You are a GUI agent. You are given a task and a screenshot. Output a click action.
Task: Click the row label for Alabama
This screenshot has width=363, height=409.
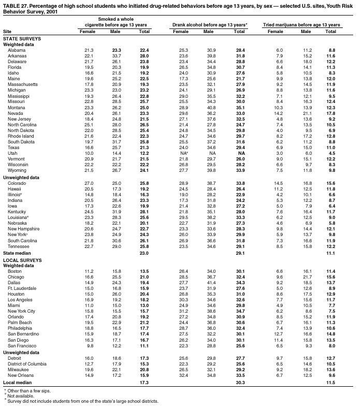pos(16,50)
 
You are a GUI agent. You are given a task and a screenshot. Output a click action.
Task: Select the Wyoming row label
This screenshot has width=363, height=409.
pos(17,170)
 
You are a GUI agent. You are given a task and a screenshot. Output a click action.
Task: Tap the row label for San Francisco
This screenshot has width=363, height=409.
pos(22,345)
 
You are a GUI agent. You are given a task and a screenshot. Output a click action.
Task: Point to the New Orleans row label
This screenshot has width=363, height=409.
pos(21,375)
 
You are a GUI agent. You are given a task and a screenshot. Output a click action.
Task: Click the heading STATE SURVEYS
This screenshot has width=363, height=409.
pos(22,38)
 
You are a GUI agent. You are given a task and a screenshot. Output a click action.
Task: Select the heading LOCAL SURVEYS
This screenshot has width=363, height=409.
pos(22,259)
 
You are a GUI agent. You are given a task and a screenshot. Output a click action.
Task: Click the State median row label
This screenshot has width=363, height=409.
pos(17,253)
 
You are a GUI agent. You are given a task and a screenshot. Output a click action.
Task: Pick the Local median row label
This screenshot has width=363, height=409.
pos(17,382)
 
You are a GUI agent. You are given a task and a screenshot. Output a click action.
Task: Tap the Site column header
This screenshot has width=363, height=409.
pos(7,32)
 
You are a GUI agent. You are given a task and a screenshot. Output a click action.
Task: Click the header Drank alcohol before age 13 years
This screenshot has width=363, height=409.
pos(209,24)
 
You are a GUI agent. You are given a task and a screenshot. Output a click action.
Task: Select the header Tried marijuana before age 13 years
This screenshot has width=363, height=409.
pos(301,24)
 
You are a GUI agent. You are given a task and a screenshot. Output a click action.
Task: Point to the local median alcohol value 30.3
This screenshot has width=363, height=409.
pos(239,382)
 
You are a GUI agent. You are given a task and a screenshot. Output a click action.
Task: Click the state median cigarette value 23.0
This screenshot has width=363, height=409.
pos(144,253)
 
